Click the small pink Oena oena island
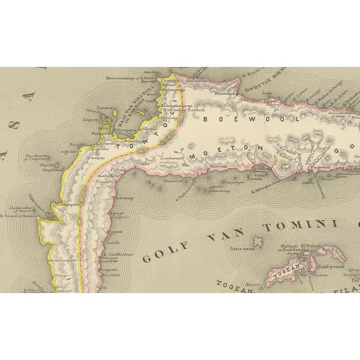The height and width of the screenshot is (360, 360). pos(258,242)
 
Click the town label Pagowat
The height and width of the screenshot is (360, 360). pos(319,167)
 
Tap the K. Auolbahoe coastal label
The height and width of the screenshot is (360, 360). pos(118,254)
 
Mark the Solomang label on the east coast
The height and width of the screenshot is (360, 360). pos(124,199)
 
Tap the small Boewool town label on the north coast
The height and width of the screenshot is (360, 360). pos(224,94)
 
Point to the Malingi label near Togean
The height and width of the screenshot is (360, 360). pos(289,246)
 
